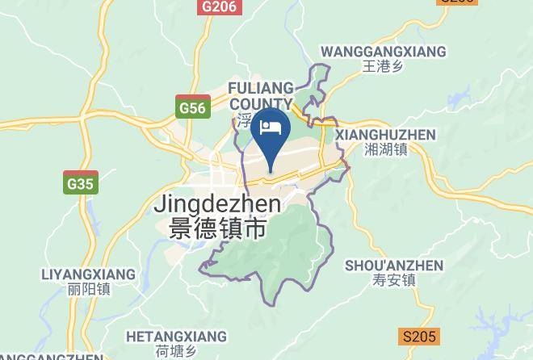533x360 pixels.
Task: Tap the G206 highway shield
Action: (219, 6)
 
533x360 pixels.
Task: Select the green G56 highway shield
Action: (193, 107)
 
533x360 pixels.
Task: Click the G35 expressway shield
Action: (81, 184)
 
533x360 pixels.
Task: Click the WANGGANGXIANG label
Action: (383, 52)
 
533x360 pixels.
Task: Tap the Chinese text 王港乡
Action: (383, 66)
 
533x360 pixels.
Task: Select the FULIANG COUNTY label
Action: (261, 95)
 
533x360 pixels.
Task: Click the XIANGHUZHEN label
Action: (385, 135)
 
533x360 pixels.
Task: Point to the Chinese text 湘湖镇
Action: (385, 149)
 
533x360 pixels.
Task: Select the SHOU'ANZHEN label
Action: (394, 266)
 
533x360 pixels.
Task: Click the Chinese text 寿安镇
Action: (395, 280)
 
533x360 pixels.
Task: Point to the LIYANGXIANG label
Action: (78, 274)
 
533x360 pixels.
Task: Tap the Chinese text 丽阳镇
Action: (78, 289)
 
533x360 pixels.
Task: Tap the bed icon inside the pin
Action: (269, 128)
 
